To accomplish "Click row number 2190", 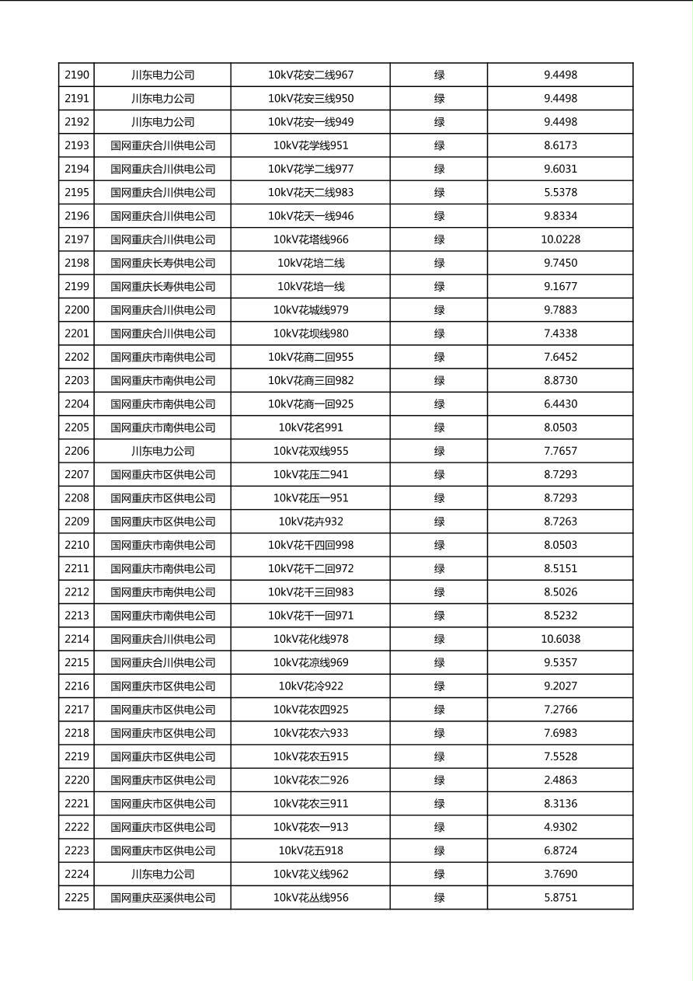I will click(x=77, y=75).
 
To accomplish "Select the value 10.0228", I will click(x=560, y=239).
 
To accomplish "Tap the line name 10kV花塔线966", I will click(x=311, y=239).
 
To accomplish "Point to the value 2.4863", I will click(x=560, y=780).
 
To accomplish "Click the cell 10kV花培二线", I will click(x=311, y=263).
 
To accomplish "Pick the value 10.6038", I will click(x=560, y=639).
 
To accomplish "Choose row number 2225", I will click(x=77, y=897).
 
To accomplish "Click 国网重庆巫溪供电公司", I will click(x=162, y=897).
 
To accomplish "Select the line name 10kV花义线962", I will click(x=311, y=874).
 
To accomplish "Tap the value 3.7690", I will click(x=560, y=874).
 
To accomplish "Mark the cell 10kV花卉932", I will click(x=311, y=522).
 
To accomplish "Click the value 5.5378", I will click(x=560, y=192).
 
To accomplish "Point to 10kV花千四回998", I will click(x=311, y=545).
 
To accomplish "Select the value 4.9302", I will click(x=560, y=827).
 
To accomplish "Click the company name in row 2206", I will click(x=162, y=451).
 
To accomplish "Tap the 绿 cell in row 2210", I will click(x=439, y=545).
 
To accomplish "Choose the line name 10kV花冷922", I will click(x=311, y=686).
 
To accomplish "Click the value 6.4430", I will click(x=560, y=403).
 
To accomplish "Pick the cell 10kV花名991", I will click(x=311, y=428).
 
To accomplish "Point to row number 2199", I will click(x=77, y=286).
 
